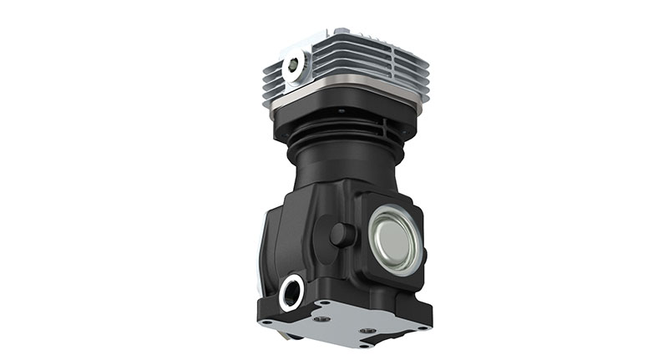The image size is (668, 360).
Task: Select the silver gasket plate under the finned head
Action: (351, 93)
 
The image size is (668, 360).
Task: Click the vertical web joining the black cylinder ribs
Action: (383, 129)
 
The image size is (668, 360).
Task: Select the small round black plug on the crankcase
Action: (342, 235)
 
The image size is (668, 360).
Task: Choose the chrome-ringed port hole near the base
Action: (291, 292)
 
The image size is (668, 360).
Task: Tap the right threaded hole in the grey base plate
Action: (367, 331)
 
